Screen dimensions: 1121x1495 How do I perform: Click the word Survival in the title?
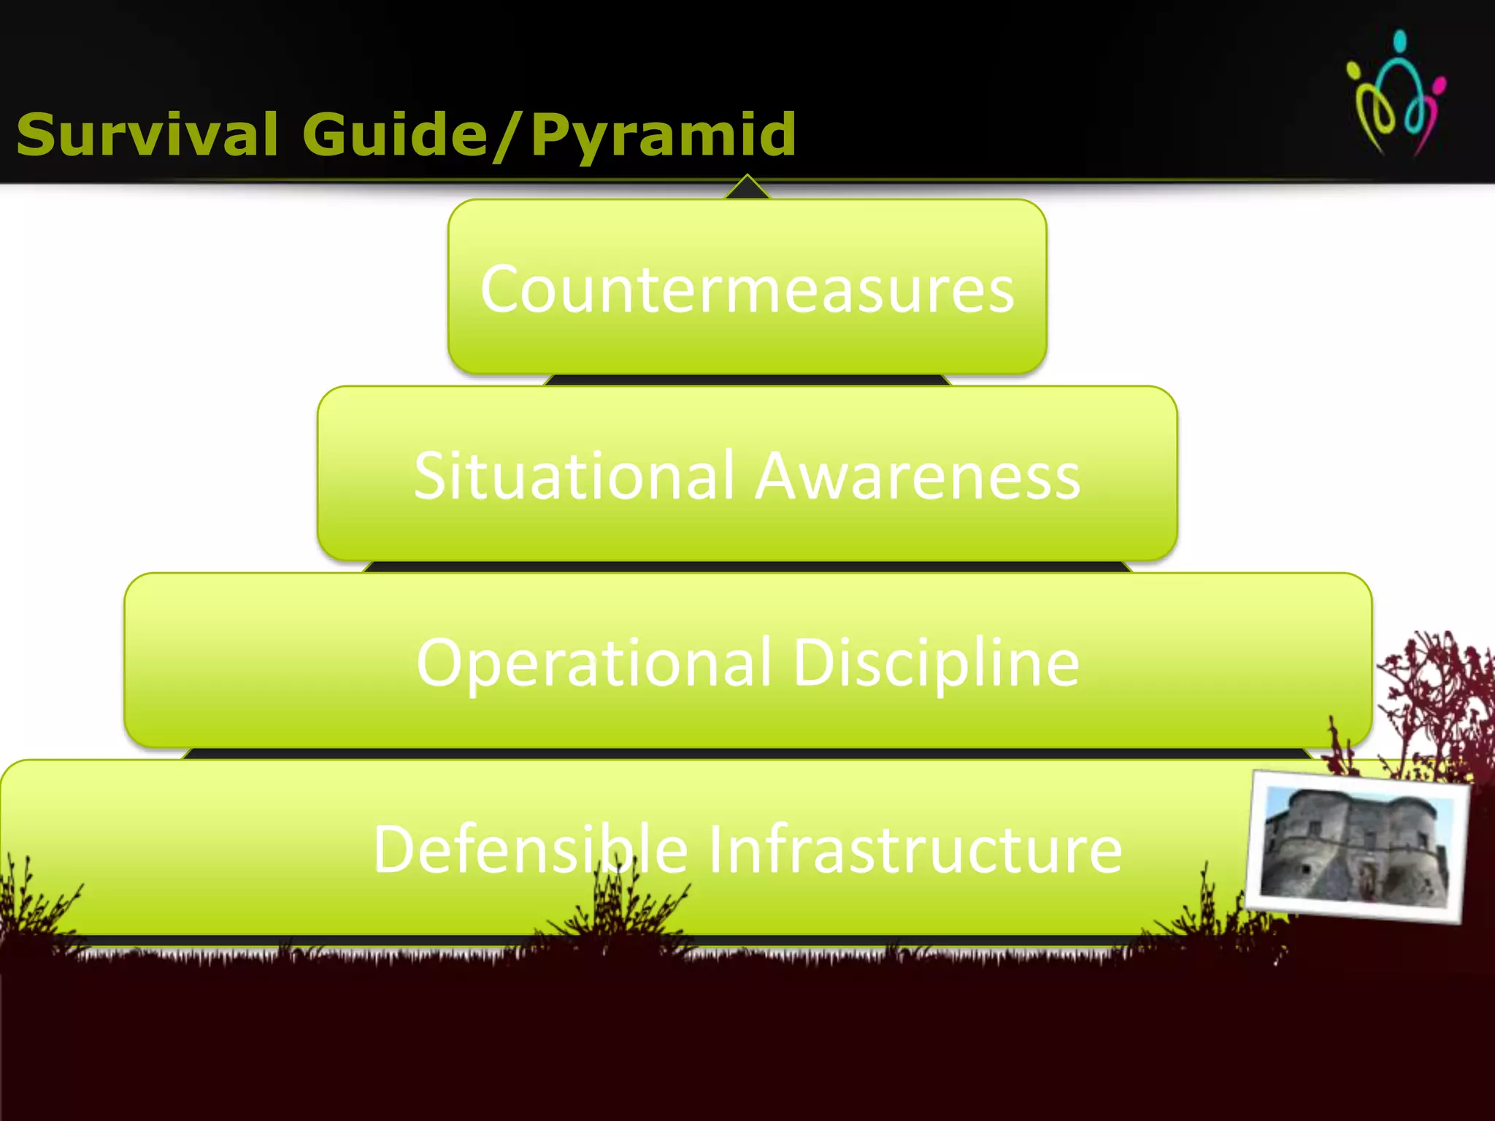pos(147,135)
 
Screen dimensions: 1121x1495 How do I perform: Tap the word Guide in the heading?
pos(395,135)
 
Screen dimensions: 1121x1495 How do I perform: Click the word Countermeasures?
pos(747,290)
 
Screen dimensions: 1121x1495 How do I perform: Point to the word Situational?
pos(573,476)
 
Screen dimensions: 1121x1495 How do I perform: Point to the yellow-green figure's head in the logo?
pos(1354,72)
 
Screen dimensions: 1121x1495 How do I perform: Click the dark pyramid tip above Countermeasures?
pos(747,189)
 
